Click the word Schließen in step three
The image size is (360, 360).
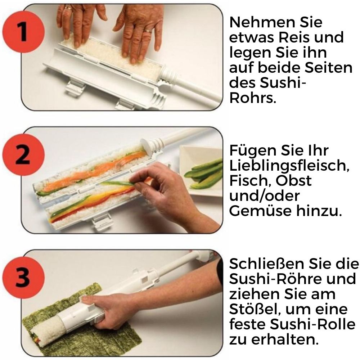pos(266,264)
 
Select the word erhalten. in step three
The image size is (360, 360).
pos(284,339)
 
